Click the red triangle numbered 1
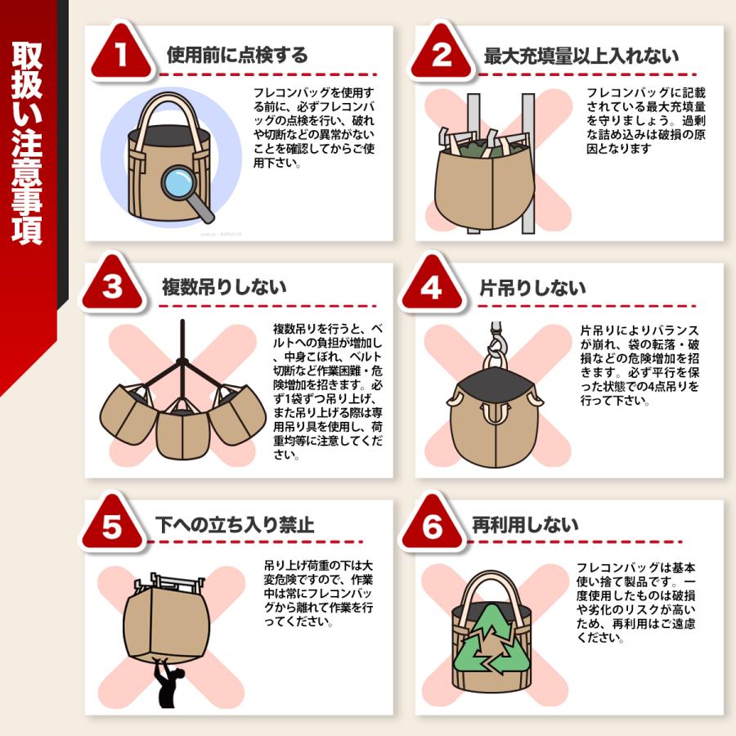point(122,53)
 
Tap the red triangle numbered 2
point(442,53)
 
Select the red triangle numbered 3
point(112,284)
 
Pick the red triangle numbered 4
point(431,284)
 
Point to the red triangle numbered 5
point(112,523)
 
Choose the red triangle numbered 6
point(431,523)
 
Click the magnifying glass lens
point(179,184)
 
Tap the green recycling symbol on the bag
point(491,640)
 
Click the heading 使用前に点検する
point(237,56)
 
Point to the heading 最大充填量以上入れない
point(581,56)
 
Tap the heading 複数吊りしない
point(224,287)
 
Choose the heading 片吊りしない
point(532,288)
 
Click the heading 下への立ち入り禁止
point(235,525)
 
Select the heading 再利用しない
point(525,525)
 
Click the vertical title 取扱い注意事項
point(27,142)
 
